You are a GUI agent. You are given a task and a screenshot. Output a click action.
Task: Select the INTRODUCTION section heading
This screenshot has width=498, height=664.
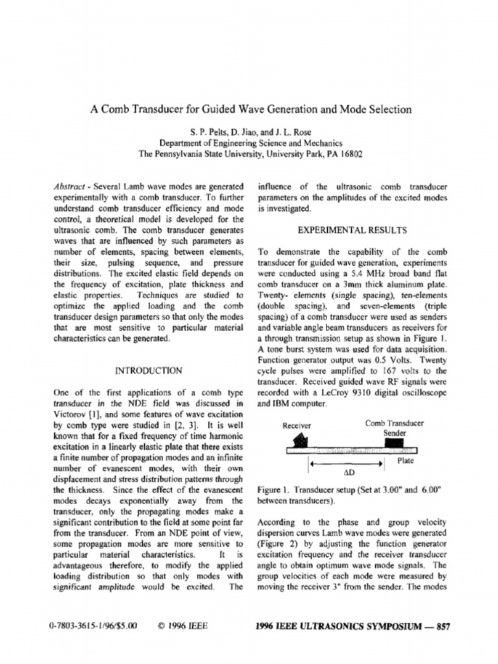[148, 371]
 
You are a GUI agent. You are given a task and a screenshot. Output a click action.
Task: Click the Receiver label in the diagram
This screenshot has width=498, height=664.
[297, 425]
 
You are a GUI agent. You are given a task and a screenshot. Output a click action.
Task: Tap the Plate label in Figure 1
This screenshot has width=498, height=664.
[405, 460]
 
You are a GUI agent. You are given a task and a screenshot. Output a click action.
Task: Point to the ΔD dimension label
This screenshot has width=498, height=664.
[347, 473]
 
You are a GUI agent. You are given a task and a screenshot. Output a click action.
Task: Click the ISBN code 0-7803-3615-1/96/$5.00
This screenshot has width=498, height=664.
[93, 626]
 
